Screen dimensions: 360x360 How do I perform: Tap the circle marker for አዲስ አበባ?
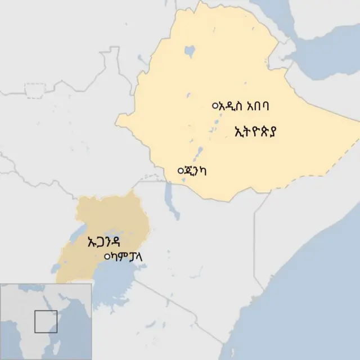[214, 105]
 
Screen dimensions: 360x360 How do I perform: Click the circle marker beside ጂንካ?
[180, 170]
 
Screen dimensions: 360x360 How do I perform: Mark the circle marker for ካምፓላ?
[107, 257]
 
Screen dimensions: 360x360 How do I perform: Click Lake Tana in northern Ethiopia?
[190, 52]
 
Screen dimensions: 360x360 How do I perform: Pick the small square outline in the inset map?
[46, 321]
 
